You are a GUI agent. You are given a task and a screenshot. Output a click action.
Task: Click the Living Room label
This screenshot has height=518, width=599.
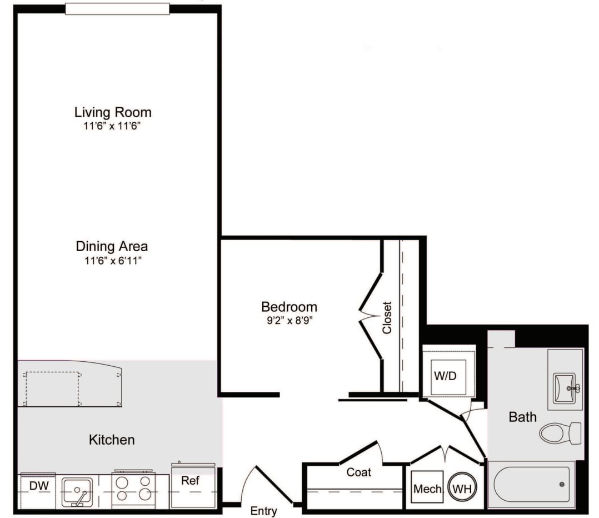tap(113, 112)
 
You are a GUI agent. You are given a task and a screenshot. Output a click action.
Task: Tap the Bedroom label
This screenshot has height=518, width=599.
tap(289, 306)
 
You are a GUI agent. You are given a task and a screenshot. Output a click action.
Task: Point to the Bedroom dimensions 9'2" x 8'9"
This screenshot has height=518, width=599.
tap(289, 320)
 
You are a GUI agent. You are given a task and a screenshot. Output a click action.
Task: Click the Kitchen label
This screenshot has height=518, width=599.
tap(112, 440)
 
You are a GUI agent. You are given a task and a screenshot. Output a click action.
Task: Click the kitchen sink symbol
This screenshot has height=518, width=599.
tap(77, 492)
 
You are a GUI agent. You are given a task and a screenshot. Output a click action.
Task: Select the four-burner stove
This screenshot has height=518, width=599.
tap(133, 490)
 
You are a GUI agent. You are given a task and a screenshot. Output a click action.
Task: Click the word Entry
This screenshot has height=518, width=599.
tap(263, 511)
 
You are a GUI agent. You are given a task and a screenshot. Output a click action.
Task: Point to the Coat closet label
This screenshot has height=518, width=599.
tap(358, 472)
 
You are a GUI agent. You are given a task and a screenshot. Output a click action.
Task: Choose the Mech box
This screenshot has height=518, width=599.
tap(427, 489)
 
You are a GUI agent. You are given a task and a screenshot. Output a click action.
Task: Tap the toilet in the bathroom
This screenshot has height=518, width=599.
tap(560, 432)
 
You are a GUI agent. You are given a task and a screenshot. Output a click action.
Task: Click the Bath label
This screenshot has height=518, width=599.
tap(523, 416)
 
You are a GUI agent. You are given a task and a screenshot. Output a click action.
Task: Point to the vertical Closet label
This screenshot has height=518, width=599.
tap(387, 317)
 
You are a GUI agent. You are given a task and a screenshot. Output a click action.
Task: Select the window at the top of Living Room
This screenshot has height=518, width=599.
tap(117, 9)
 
